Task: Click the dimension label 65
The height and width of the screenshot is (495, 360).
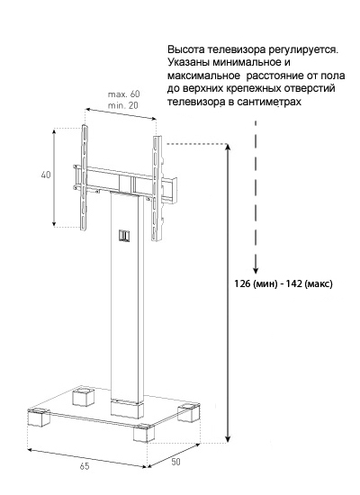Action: pyautogui.click(x=85, y=466)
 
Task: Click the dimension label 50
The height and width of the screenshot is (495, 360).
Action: pyautogui.click(x=175, y=462)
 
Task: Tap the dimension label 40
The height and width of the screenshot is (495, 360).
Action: pyautogui.click(x=46, y=175)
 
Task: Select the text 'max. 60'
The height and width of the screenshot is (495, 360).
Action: pyautogui.click(x=124, y=94)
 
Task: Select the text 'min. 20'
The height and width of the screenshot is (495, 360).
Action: pyautogui.click(x=123, y=105)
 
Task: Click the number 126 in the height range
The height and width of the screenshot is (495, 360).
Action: pyautogui.click(x=241, y=283)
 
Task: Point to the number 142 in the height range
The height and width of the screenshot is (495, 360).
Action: pyautogui.click(x=294, y=283)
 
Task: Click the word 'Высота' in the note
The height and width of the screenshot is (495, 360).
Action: pyautogui.click(x=186, y=49)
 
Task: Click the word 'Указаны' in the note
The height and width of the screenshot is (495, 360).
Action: pyautogui.click(x=188, y=62)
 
